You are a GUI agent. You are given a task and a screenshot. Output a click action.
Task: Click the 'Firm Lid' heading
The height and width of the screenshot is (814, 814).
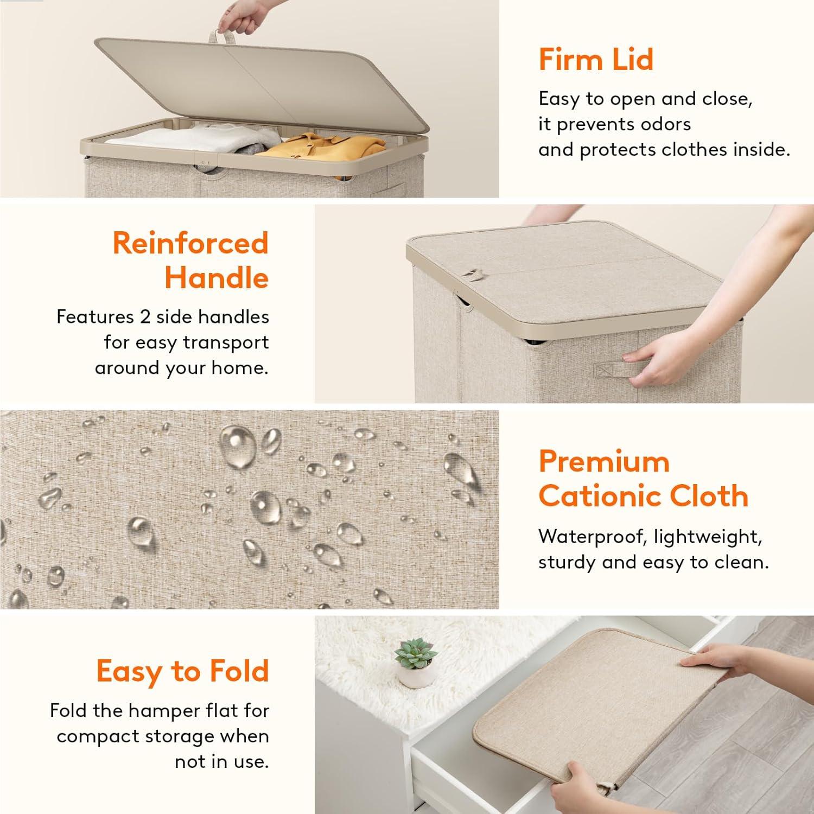(596, 59)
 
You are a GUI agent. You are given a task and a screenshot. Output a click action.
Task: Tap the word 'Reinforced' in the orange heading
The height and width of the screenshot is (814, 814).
(190, 243)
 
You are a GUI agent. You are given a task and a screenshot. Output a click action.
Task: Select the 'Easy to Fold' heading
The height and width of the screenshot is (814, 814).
(183, 671)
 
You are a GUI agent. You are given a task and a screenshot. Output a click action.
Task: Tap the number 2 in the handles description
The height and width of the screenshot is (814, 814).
(145, 316)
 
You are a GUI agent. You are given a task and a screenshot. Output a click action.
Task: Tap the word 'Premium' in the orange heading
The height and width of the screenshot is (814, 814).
(604, 462)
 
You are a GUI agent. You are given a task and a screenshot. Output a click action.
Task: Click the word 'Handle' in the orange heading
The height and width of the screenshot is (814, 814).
(217, 278)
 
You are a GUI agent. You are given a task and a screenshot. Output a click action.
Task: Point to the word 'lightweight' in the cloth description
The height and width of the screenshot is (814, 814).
(708, 537)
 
